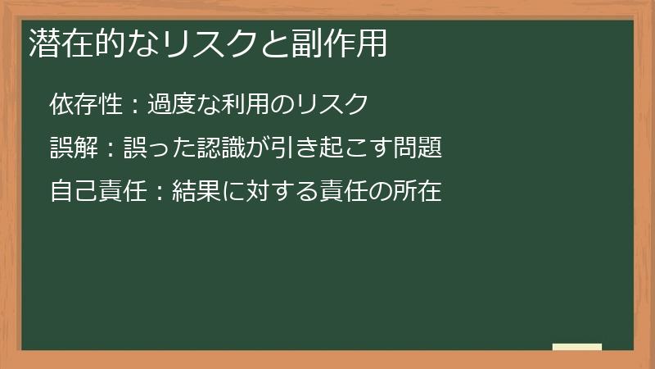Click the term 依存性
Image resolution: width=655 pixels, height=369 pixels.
click(x=85, y=105)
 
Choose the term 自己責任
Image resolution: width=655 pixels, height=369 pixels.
click(x=97, y=192)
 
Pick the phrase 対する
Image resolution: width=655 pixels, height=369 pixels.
click(x=282, y=192)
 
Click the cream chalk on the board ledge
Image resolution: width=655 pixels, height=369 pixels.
click(x=577, y=347)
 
